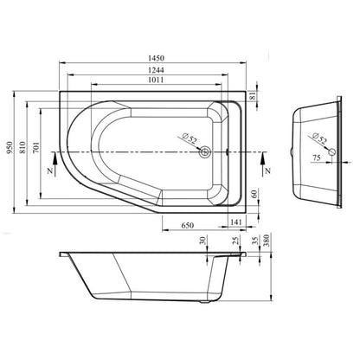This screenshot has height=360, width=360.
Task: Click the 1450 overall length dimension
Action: (156, 58)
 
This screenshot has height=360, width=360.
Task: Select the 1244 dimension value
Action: (156, 70)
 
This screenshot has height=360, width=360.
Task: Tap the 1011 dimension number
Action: (156, 80)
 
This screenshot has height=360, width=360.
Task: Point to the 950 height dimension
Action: (10, 147)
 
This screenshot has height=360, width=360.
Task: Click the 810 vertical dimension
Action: (22, 147)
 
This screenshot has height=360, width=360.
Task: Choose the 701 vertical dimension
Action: (35, 147)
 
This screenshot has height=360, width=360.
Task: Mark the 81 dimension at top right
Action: (253, 96)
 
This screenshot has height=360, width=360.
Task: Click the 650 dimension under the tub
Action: (188, 225)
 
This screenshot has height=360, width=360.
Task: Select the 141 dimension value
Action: (236, 222)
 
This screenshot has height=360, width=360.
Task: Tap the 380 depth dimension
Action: (266, 240)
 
